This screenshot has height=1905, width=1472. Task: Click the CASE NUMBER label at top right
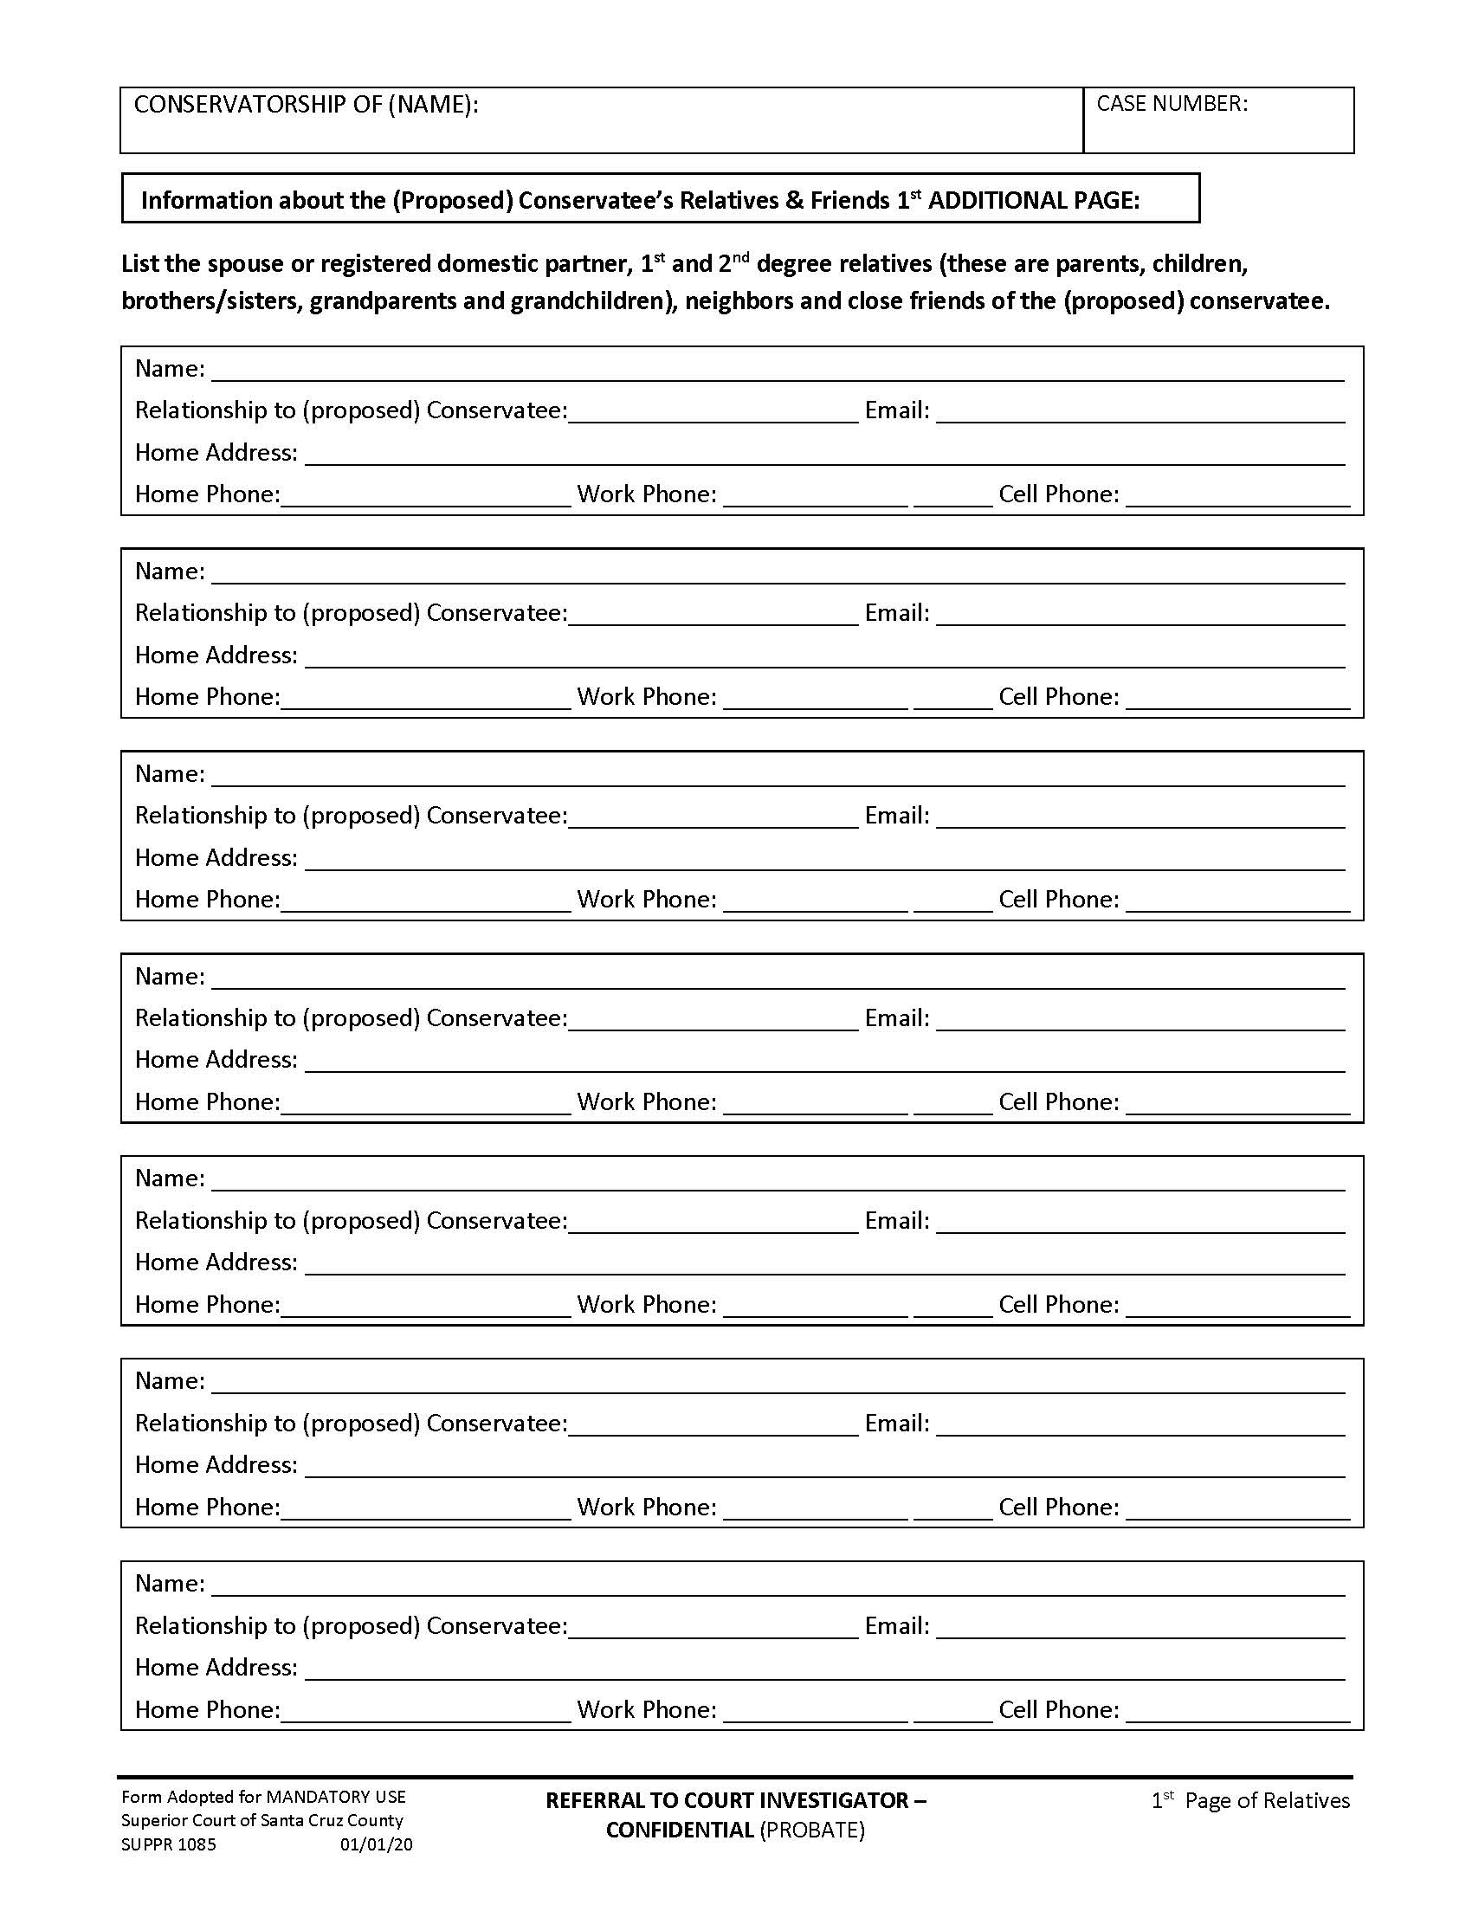pyautogui.click(x=1172, y=104)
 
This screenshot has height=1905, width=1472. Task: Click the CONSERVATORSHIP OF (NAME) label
pyautogui.click(x=305, y=105)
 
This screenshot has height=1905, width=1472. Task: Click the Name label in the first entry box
pyautogui.click(x=169, y=369)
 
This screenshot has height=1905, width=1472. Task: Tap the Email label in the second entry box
pyautogui.click(x=896, y=613)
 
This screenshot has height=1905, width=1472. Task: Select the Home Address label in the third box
pyautogui.click(x=216, y=857)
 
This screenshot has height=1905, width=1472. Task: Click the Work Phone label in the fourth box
pyautogui.click(x=646, y=1101)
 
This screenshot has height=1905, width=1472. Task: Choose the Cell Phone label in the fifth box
pyautogui.click(x=1058, y=1304)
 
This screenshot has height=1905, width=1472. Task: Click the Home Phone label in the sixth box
pyautogui.click(x=207, y=1507)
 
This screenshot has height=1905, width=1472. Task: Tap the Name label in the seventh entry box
pyautogui.click(x=169, y=1583)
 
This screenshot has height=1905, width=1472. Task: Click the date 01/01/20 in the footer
pyautogui.click(x=376, y=1844)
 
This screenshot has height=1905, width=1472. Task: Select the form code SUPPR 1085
pyautogui.click(x=168, y=1844)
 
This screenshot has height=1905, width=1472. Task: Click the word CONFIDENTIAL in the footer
pyautogui.click(x=680, y=1830)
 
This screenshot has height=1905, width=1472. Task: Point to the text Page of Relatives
pyautogui.click(x=1267, y=1801)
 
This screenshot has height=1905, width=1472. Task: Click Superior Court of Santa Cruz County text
pyautogui.click(x=261, y=1820)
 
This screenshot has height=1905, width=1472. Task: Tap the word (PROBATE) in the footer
pyautogui.click(x=812, y=1830)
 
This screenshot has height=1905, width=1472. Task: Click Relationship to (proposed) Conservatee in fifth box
pyautogui.click(x=351, y=1220)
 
